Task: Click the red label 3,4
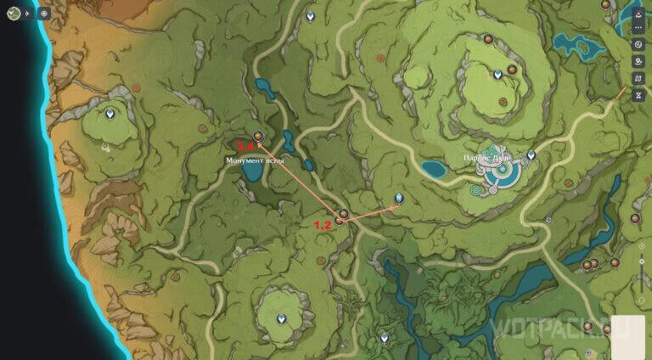(x=245, y=146)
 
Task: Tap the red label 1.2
(x=323, y=226)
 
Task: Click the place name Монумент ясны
(x=255, y=160)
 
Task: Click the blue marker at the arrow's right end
(x=398, y=200)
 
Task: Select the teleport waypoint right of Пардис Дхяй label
(x=531, y=155)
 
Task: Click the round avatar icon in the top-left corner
(x=14, y=13)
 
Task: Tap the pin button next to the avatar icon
(x=44, y=13)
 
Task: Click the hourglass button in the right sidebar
(x=638, y=94)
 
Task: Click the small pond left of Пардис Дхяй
(x=434, y=168)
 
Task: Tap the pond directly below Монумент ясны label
(x=251, y=172)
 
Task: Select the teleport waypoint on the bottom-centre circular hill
(x=282, y=318)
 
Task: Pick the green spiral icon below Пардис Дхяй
(x=476, y=194)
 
